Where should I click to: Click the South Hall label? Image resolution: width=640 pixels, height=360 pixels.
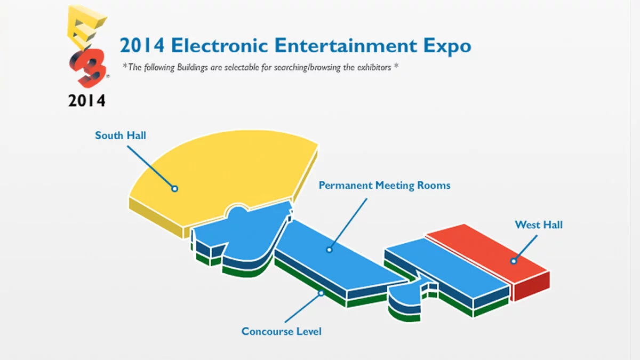point(121,135)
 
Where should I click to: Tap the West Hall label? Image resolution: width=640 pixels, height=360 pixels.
point(538,225)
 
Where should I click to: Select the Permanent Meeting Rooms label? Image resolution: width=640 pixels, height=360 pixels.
point(384,186)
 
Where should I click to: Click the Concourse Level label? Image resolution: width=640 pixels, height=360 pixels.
point(281,332)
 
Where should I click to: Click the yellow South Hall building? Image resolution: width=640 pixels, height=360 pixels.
point(224,176)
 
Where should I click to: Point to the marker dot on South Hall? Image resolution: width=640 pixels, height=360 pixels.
point(174,188)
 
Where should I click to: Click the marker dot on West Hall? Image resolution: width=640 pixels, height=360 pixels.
point(514,261)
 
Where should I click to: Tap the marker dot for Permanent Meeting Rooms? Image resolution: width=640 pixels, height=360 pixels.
point(329,249)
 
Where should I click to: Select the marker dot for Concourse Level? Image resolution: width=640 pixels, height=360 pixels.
point(321,292)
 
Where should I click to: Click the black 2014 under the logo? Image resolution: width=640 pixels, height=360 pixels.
point(86,100)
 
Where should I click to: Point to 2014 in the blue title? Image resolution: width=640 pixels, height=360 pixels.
point(141,46)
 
